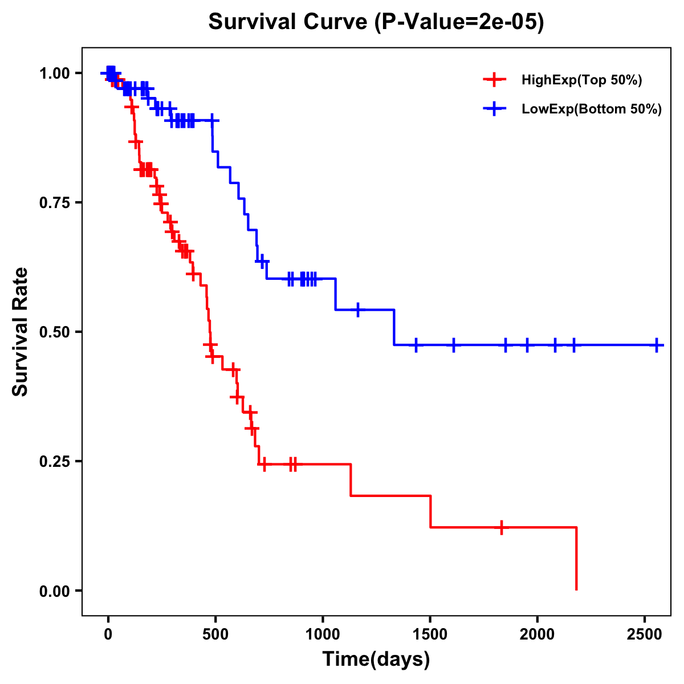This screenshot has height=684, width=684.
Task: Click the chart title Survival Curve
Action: click(376, 22)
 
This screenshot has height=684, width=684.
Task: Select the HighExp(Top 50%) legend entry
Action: click(581, 80)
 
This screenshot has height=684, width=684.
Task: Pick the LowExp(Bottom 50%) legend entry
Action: click(592, 109)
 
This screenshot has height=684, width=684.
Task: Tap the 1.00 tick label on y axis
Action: click(54, 74)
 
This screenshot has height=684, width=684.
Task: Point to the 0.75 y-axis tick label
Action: click(54, 203)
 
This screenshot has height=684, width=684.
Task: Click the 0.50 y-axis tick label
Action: click(54, 332)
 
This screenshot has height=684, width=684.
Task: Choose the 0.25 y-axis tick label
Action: click(54, 462)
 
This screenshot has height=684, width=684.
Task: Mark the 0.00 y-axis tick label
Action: click(54, 591)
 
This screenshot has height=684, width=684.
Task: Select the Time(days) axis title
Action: click(376, 659)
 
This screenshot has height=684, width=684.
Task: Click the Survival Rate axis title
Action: click(21, 332)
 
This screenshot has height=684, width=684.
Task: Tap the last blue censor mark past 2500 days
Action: click(657, 345)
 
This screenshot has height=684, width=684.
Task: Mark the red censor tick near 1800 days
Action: click(502, 527)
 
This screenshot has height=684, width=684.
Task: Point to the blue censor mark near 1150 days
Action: click(357, 310)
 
